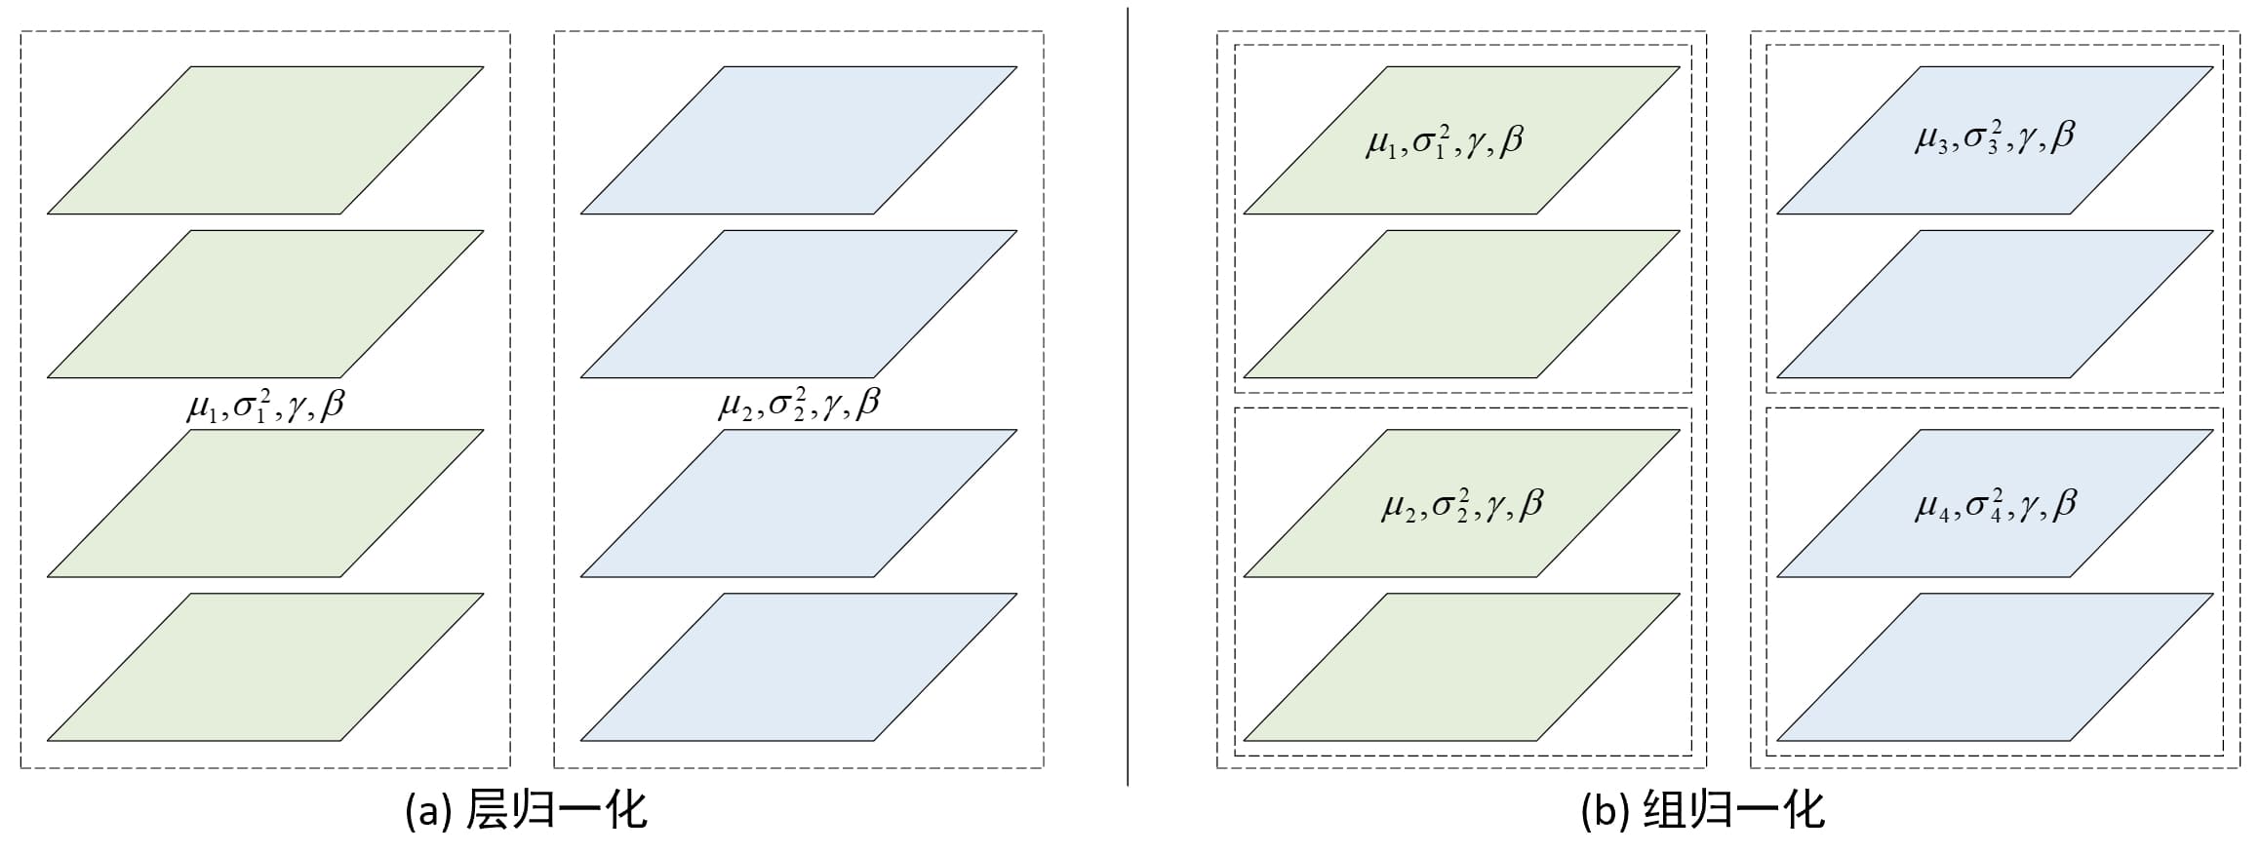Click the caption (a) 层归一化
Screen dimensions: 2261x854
(x=526, y=810)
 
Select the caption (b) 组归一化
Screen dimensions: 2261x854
(x=1702, y=810)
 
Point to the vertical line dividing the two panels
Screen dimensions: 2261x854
(x=1128, y=397)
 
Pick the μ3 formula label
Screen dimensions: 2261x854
(x=1995, y=137)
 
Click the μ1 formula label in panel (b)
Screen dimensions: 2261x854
(x=1445, y=142)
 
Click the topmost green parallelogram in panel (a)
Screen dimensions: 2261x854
(x=265, y=140)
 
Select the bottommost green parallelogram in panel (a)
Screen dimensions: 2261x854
(x=265, y=667)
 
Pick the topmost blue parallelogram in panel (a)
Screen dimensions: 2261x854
(x=799, y=140)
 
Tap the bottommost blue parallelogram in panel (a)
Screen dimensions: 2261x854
(x=799, y=667)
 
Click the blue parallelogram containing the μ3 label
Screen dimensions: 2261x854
(x=1995, y=140)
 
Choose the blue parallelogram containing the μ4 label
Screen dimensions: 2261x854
(x=1995, y=503)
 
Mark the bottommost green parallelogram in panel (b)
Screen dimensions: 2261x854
(x=1461, y=667)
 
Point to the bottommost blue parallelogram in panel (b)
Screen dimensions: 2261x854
(x=1995, y=667)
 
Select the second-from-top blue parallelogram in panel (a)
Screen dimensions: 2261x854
(x=799, y=304)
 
